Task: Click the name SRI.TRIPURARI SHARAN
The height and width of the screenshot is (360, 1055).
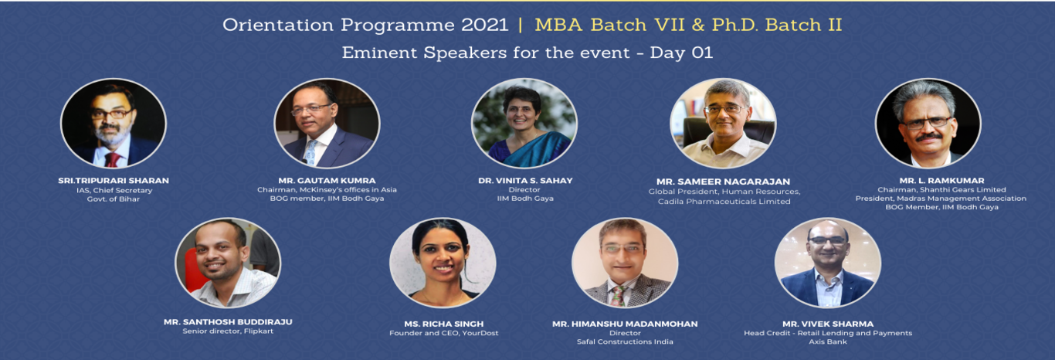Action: point(113,181)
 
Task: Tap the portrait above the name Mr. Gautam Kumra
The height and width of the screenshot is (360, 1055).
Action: point(327,124)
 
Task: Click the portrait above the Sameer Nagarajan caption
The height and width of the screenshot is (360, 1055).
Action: point(724,124)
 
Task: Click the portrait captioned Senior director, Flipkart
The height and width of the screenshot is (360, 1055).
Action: point(228,263)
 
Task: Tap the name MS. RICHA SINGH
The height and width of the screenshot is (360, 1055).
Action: point(443,324)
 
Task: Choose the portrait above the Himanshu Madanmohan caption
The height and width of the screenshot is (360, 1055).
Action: point(625,263)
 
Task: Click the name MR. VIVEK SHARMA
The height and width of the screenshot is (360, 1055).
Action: point(828,324)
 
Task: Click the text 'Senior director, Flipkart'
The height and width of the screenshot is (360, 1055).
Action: point(228,331)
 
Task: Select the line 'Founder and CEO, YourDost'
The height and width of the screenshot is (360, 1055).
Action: point(443,333)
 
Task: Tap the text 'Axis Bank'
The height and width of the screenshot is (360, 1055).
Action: point(828,341)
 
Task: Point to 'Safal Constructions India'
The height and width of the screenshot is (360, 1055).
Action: point(625,341)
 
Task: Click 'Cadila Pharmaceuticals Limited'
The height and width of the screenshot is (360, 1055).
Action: point(724,202)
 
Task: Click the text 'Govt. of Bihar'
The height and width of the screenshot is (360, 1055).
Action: point(113,199)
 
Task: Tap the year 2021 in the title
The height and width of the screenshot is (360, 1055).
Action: point(484,25)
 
